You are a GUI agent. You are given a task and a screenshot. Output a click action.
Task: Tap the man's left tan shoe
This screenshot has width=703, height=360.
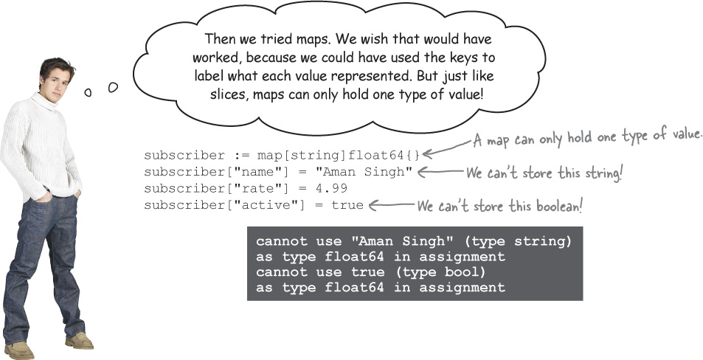pyautogui.click(x=79, y=340)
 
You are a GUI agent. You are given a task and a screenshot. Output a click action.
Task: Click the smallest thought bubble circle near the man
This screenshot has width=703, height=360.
pyautogui.click(x=88, y=92)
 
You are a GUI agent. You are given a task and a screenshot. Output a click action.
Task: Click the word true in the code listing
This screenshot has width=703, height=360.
pyautogui.click(x=347, y=204)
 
